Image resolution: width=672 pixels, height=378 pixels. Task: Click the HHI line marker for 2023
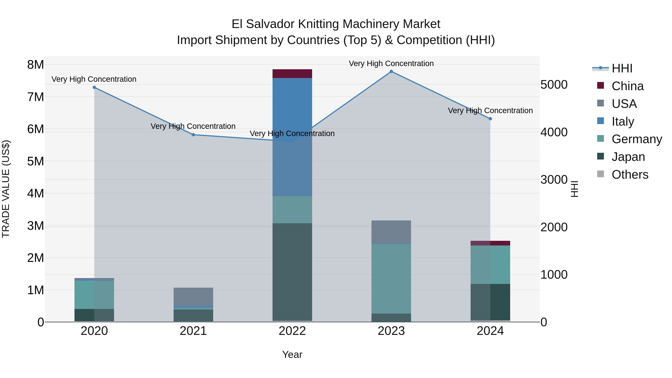[x=391, y=71]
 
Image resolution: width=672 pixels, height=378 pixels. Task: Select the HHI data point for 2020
[x=94, y=87]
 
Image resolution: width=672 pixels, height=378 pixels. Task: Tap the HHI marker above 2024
[x=490, y=119]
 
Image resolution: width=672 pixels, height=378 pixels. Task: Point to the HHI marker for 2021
[x=193, y=135]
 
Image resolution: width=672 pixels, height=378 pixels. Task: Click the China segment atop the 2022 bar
[x=292, y=74]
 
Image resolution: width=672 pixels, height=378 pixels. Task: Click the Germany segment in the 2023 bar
[x=391, y=279]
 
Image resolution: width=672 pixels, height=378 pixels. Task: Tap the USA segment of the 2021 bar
[x=193, y=296]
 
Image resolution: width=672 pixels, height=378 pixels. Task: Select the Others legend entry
[x=630, y=175]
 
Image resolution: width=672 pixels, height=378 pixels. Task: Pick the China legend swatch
[x=600, y=85]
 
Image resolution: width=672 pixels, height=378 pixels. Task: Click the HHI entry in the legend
[x=622, y=68]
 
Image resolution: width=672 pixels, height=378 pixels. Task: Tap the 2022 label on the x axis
[x=292, y=331]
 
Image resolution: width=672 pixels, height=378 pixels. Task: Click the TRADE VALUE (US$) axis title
[x=6, y=189]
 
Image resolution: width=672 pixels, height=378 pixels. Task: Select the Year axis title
[x=292, y=354]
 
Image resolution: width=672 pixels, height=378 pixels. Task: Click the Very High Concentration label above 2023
[x=391, y=63]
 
